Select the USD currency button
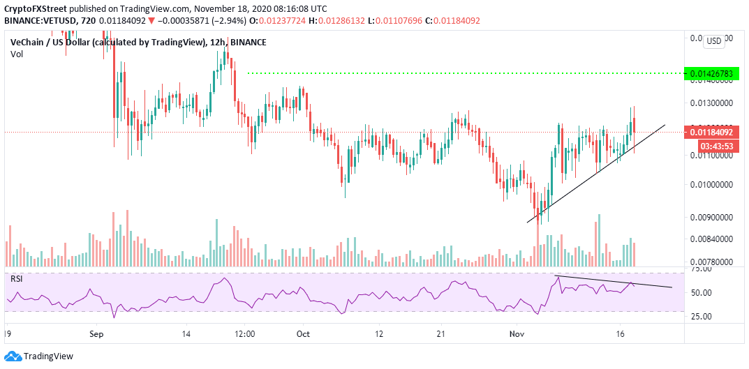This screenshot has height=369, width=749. (714, 41)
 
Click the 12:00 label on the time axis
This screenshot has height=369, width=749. (245, 334)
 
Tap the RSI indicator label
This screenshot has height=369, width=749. (16, 278)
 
